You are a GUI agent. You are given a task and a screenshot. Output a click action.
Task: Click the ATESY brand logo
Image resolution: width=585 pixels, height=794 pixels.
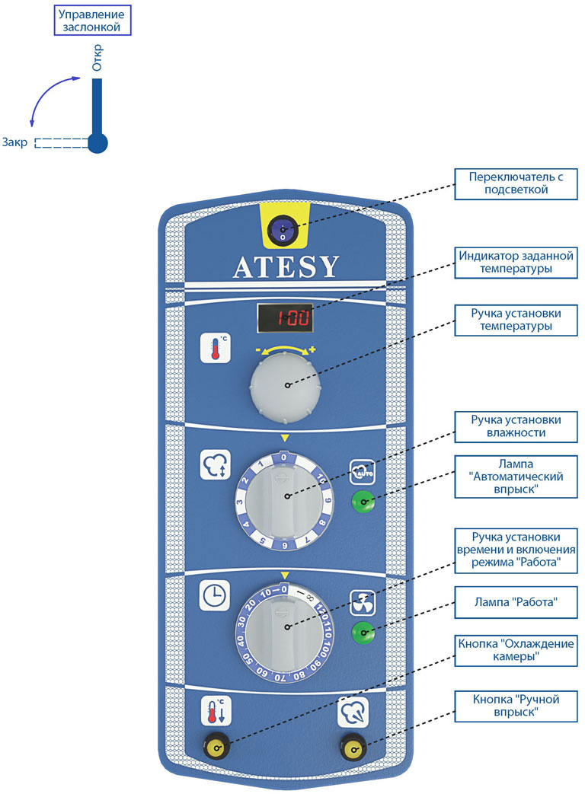[286, 267]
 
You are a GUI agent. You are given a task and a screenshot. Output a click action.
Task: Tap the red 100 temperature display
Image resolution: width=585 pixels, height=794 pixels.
[284, 317]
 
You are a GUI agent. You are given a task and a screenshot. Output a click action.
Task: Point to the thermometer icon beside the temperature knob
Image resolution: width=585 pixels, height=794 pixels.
[215, 347]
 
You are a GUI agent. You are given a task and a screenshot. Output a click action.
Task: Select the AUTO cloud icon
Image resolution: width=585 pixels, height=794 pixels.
[361, 470]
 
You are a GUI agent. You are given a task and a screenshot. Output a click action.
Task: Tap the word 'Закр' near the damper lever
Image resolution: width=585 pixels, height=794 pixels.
[15, 142]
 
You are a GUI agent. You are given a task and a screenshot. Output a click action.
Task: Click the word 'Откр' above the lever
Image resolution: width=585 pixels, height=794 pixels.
[97, 59]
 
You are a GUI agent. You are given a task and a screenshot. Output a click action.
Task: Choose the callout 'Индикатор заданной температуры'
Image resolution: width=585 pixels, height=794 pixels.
[515, 261]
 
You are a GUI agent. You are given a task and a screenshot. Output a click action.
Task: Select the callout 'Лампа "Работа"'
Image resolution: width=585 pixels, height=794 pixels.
[515, 605]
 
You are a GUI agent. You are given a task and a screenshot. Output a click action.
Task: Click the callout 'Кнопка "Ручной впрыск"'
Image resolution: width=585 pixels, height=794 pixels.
[515, 706]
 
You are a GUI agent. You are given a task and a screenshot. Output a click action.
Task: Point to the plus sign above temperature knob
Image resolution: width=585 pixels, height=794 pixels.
[312, 349]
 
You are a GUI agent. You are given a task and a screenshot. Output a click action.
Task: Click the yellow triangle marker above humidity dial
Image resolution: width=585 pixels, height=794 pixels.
[285, 438]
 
